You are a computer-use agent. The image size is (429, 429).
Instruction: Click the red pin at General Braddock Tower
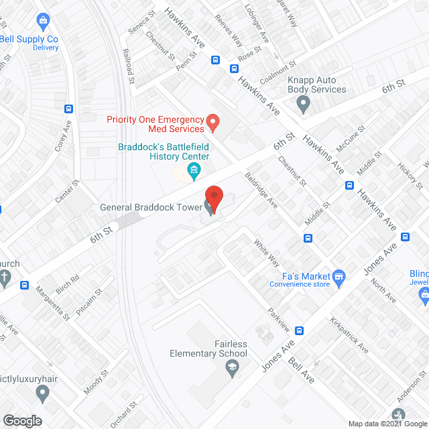(213, 196)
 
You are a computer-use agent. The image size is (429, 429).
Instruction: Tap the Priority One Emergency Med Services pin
(212, 123)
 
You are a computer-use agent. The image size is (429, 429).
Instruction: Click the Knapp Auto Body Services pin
(304, 104)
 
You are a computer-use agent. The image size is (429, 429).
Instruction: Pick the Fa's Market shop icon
(339, 276)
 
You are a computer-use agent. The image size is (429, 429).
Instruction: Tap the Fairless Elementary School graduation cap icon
(231, 367)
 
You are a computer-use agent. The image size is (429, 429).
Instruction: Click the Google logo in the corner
(22, 420)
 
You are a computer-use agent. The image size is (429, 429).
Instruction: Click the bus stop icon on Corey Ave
(68, 109)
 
